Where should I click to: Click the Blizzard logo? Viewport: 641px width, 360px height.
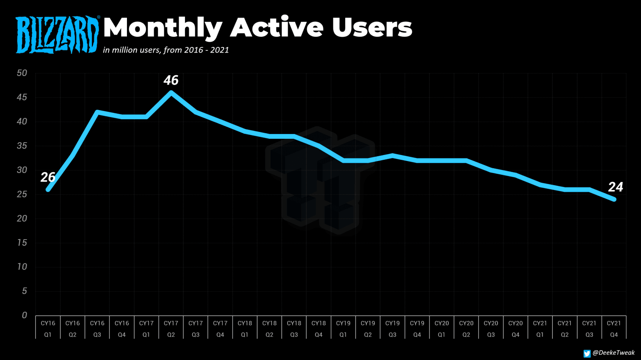click(x=57, y=35)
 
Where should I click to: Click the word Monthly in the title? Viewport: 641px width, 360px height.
click(x=162, y=28)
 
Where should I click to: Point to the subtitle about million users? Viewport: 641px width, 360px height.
click(x=166, y=50)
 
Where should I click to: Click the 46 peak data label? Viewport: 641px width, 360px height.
click(x=171, y=80)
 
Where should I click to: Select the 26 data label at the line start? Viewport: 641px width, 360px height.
click(x=48, y=177)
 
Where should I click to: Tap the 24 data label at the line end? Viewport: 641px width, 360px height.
click(x=615, y=187)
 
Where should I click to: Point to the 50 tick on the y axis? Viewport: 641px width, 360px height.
click(x=22, y=73)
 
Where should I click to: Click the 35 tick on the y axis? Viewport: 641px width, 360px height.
click(x=22, y=146)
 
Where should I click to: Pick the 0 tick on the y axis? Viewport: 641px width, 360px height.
click(x=24, y=315)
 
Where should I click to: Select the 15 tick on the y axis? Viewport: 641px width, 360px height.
click(x=22, y=243)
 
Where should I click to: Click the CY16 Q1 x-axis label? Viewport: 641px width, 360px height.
click(x=48, y=329)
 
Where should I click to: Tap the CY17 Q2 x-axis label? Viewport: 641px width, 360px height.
click(x=171, y=329)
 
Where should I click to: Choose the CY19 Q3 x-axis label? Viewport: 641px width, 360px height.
click(x=392, y=329)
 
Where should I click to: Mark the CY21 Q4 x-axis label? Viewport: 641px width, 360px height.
click(x=614, y=329)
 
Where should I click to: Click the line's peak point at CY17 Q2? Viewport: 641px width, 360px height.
click(x=171, y=92)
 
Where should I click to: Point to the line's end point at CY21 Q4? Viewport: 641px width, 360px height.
click(x=614, y=199)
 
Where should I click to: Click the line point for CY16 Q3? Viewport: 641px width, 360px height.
click(x=97, y=112)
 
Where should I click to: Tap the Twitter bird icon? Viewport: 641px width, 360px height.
click(x=587, y=354)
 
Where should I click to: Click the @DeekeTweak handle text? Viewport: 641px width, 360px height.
click(x=614, y=353)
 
